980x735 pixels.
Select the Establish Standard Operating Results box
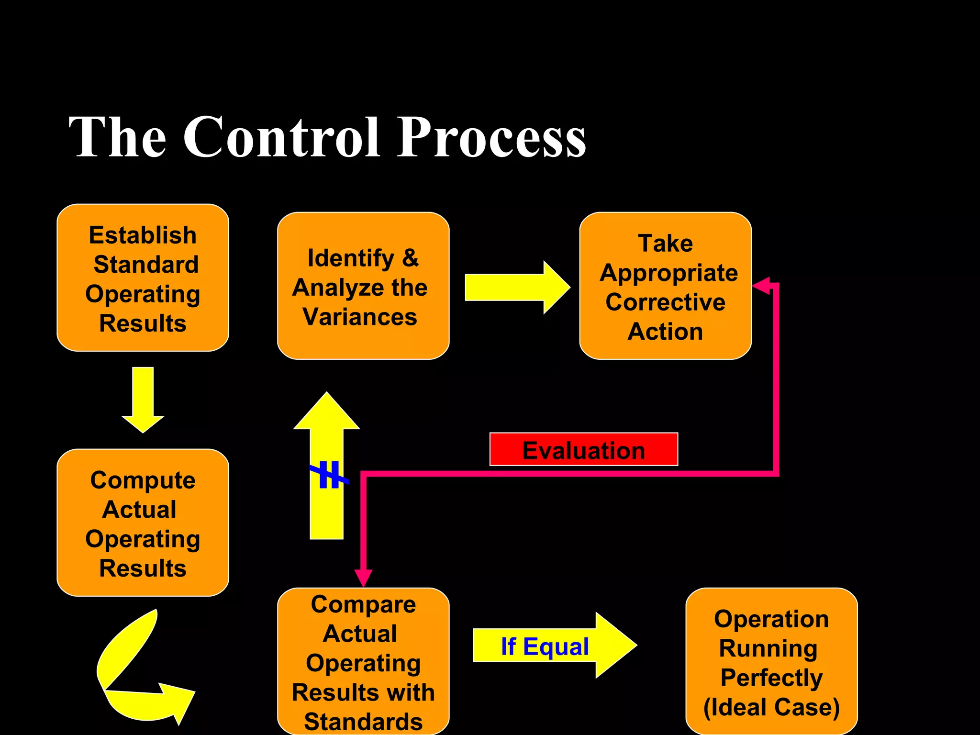[x=143, y=278]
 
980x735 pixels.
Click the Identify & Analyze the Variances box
[x=363, y=286]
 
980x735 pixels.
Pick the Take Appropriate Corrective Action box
[x=665, y=286]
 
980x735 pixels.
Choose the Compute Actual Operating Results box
[x=143, y=523]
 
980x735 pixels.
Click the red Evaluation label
[x=583, y=449]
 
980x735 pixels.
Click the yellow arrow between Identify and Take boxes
[x=517, y=288]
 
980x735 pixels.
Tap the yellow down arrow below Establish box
[x=143, y=400]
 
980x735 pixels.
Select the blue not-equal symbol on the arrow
[x=329, y=475]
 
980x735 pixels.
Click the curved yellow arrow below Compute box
[x=139, y=679]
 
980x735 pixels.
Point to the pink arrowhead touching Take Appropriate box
[x=761, y=286]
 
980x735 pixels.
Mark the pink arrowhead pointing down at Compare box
[x=363, y=578]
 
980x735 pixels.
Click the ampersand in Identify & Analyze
[x=410, y=258]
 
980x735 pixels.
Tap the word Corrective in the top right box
[x=665, y=302]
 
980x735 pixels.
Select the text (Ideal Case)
[x=771, y=707]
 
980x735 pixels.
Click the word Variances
[x=360, y=317]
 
